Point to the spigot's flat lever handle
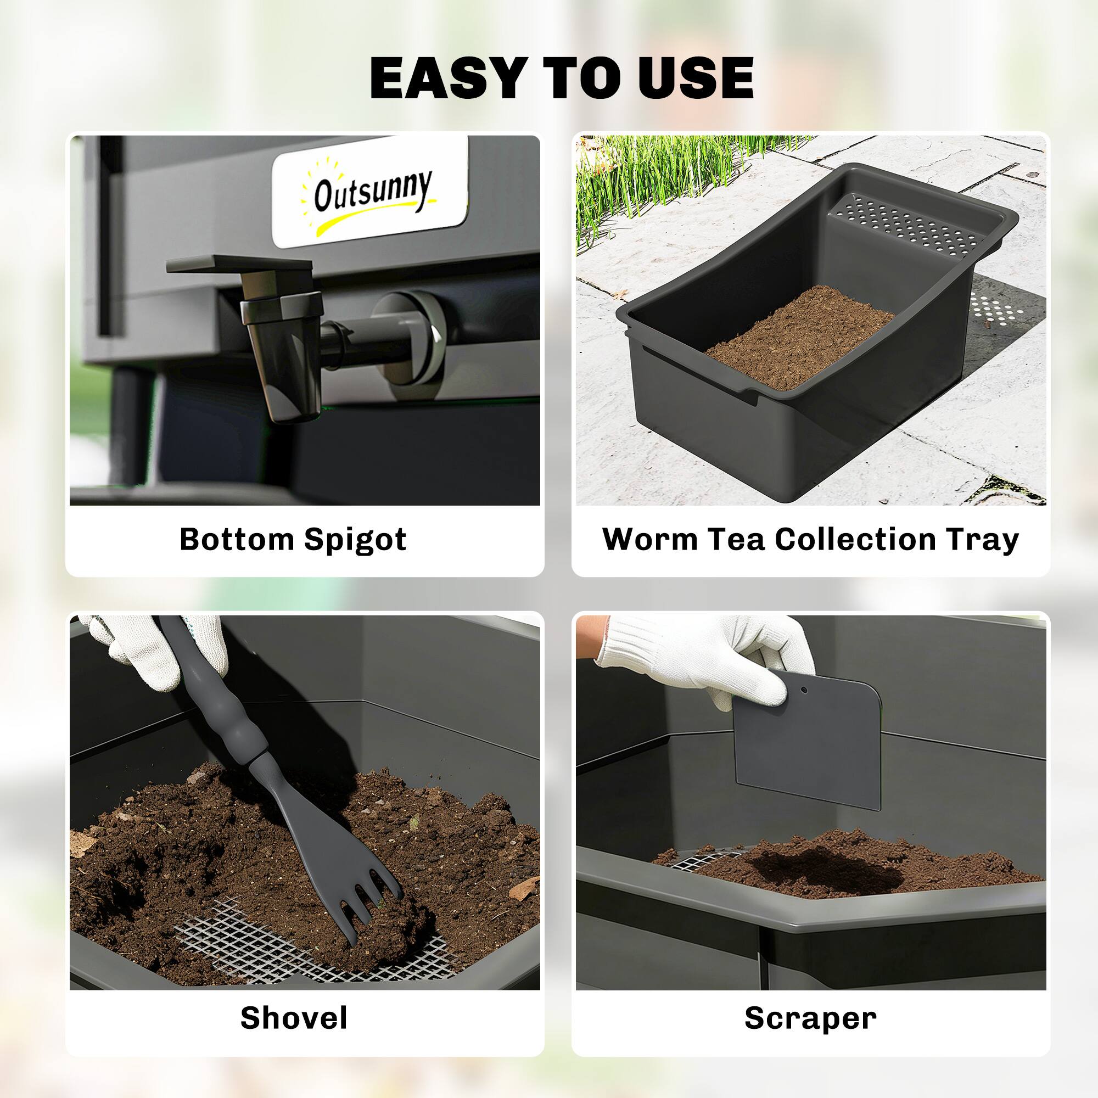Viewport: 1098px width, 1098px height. click(239, 266)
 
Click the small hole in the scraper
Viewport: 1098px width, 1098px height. click(804, 691)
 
